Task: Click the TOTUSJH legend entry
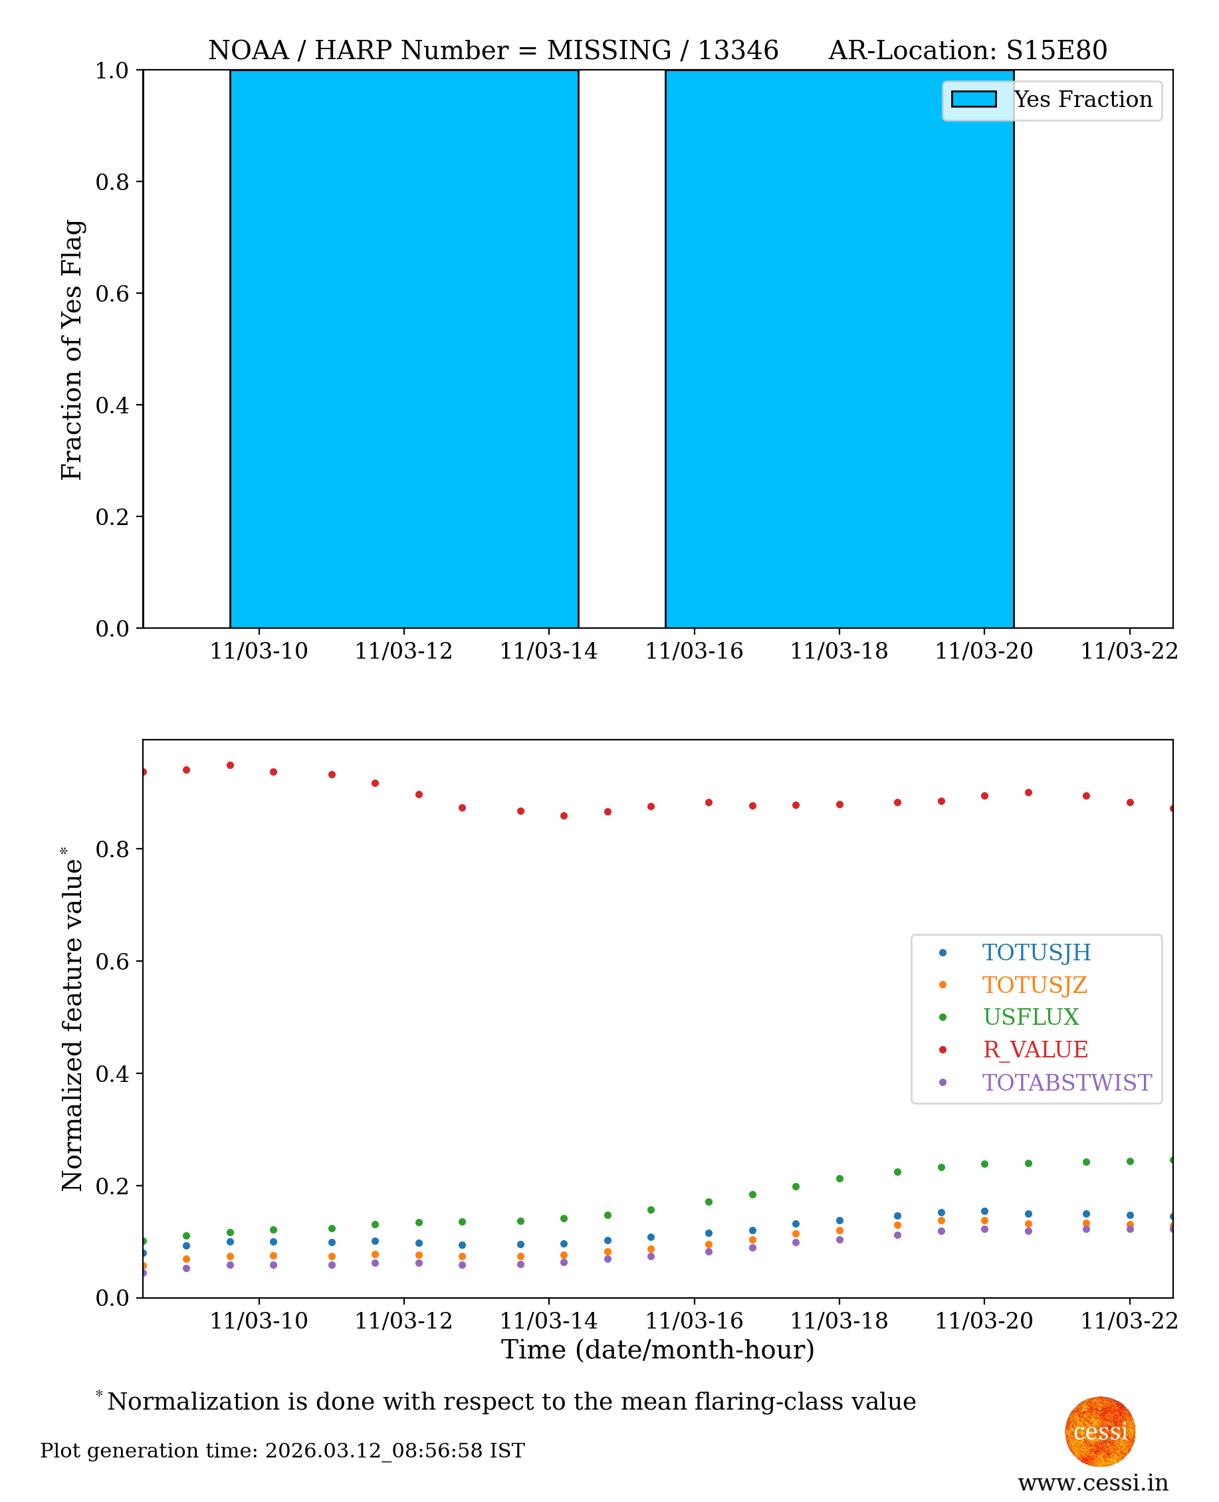pos(1036,952)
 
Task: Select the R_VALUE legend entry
pos(1035,1050)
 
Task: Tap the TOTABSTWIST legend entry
pos(1066,1083)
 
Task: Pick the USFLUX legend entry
pos(1030,1017)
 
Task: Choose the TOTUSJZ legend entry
pos(1034,985)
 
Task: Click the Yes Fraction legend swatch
pos(973,100)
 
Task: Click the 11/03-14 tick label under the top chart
pos(548,651)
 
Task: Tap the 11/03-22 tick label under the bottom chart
pos(1129,1321)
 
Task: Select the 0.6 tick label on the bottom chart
pos(112,961)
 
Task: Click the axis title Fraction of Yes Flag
pos(72,350)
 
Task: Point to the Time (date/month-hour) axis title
pos(657,1350)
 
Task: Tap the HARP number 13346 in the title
pos(737,51)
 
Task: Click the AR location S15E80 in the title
pos(1056,51)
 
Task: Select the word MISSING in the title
pos(609,51)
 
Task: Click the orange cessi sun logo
pos(1099,1431)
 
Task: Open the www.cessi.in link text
pos(1093,1482)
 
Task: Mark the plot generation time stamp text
pos(282,1451)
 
